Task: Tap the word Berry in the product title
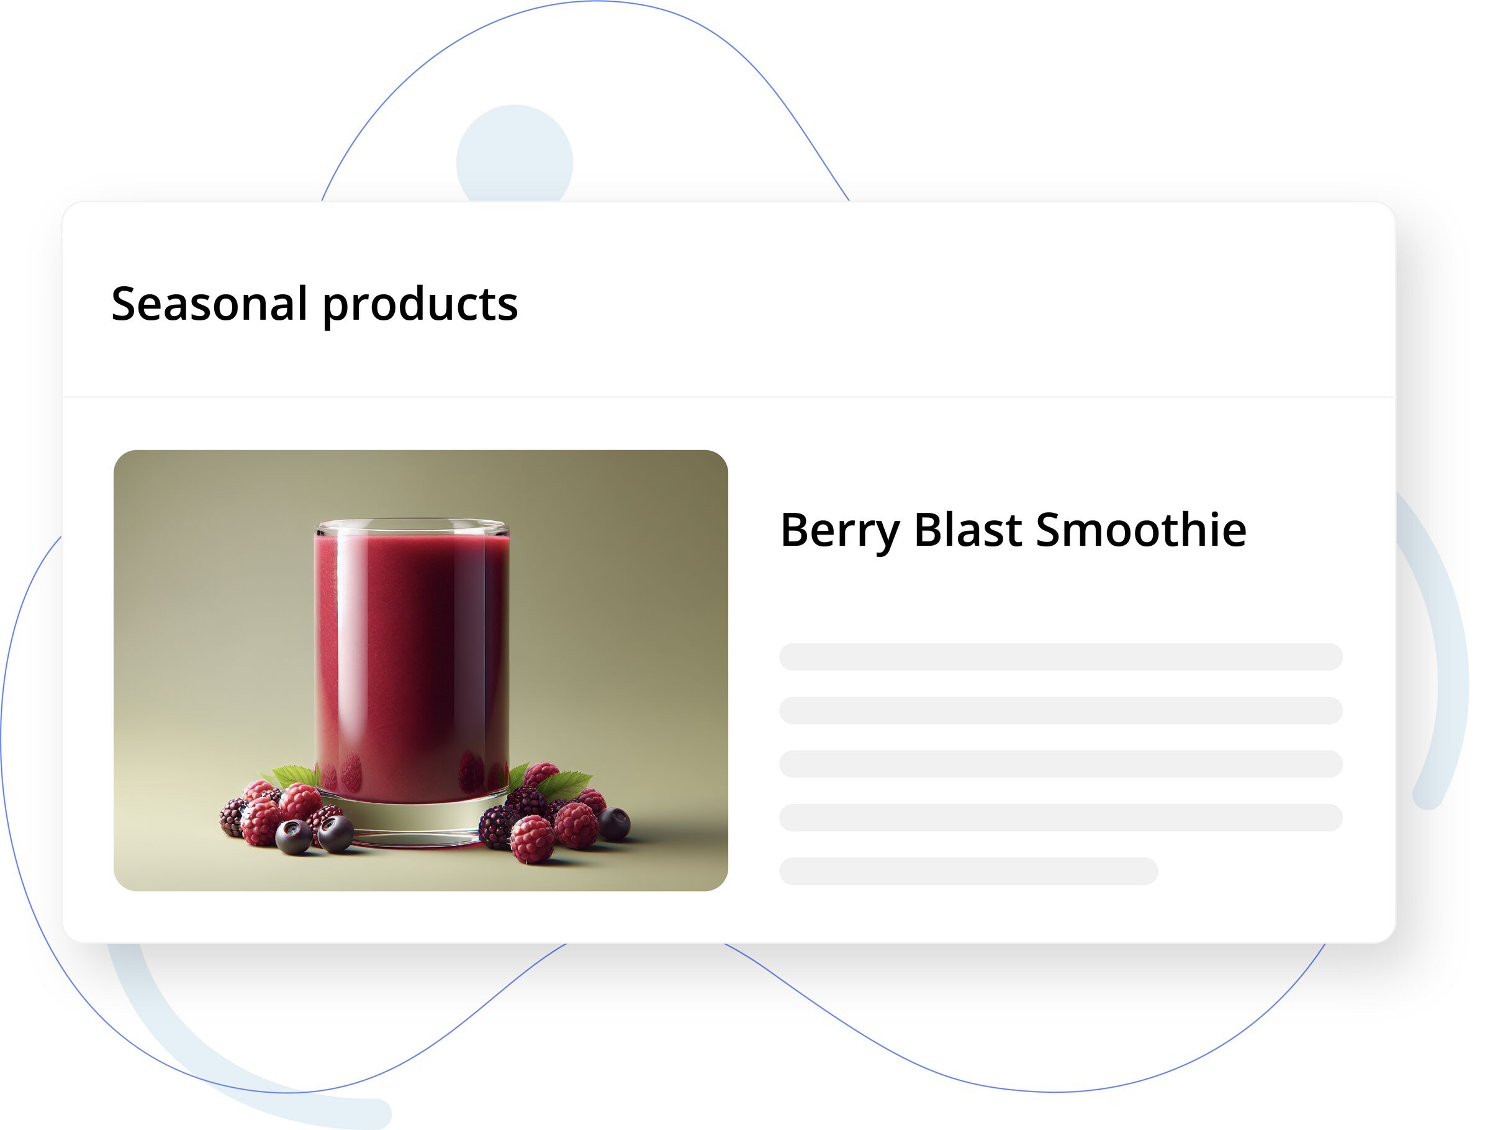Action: click(x=839, y=530)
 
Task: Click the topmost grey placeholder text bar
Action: click(x=1060, y=657)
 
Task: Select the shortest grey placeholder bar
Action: click(x=968, y=871)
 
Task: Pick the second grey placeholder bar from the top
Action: click(x=1060, y=711)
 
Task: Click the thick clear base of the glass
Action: click(x=412, y=819)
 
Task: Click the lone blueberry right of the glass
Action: click(x=613, y=823)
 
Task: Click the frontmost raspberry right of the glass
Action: click(x=532, y=839)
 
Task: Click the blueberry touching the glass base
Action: click(x=335, y=833)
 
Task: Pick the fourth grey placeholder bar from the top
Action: click(x=1060, y=817)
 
